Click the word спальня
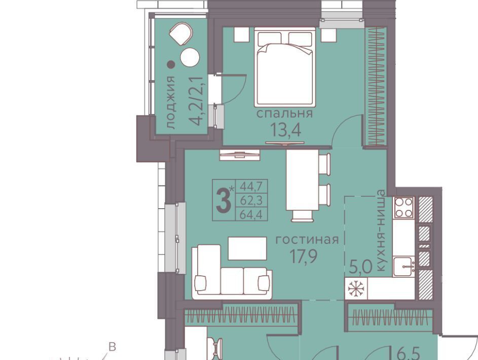pyautogui.click(x=284, y=114)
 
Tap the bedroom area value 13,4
pyautogui.click(x=286, y=130)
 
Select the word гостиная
pyautogui.click(x=307, y=240)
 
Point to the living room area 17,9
pyautogui.click(x=303, y=256)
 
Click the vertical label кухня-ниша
pyautogui.click(x=381, y=230)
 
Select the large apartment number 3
pyautogui.click(x=224, y=200)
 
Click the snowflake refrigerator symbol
pyautogui.click(x=355, y=289)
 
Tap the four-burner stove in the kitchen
pyautogui.click(x=403, y=207)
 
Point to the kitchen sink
pyautogui.click(x=403, y=267)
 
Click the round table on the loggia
pyautogui.click(x=190, y=57)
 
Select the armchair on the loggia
pyautogui.click(x=181, y=34)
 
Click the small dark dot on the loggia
pyautogui.click(x=171, y=64)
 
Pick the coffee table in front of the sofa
pyautogui.click(x=247, y=248)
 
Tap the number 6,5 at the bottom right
pyautogui.click(x=405, y=355)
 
